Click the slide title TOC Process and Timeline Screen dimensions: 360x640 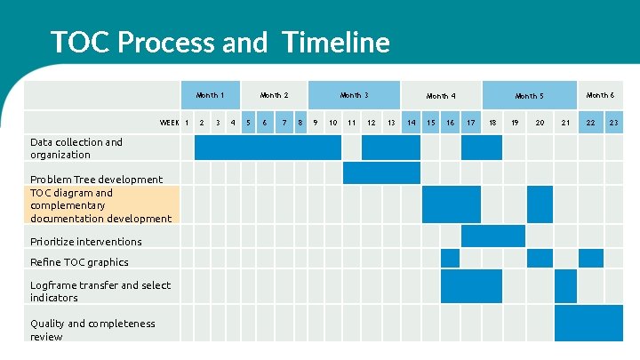[x=220, y=42]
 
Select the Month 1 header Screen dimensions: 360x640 [x=210, y=95]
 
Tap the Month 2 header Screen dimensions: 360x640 [x=274, y=95]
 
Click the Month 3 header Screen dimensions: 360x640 [x=354, y=95]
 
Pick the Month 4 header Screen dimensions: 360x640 [x=441, y=96]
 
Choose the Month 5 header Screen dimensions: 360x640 [x=529, y=96]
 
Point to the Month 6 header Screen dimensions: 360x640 [x=599, y=95]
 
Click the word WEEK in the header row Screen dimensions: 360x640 [x=169, y=123]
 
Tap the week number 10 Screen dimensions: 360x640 [x=332, y=123]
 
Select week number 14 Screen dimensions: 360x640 [x=411, y=123]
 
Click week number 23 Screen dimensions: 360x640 [x=613, y=123]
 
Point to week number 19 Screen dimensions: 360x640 [x=514, y=123]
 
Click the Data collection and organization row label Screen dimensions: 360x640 [x=76, y=148]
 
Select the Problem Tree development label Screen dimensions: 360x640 [x=96, y=180]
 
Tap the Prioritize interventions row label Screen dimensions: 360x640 [x=85, y=242]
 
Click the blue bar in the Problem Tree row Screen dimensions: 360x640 [x=381, y=172]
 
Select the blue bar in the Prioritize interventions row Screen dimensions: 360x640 [x=493, y=236]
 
